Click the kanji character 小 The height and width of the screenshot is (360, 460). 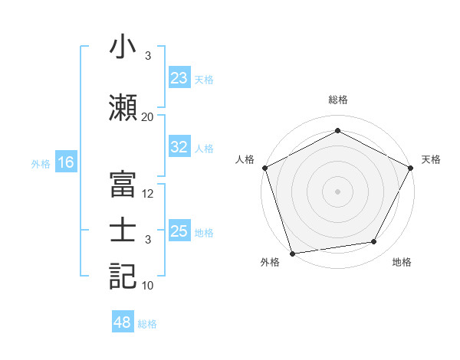(x=123, y=47)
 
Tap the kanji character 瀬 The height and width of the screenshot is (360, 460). (x=123, y=106)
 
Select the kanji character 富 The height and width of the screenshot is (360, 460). (x=123, y=184)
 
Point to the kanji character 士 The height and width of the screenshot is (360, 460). (x=123, y=231)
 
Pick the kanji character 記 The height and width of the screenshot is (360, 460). (x=123, y=276)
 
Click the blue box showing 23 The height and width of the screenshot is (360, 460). (x=179, y=78)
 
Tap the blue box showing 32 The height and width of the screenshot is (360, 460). (x=179, y=148)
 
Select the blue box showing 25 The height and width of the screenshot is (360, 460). (x=179, y=231)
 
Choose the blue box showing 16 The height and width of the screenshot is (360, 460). (x=65, y=162)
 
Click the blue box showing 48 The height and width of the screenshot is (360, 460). (x=123, y=322)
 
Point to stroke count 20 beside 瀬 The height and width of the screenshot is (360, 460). (x=148, y=117)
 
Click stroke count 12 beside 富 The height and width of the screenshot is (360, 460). (x=148, y=194)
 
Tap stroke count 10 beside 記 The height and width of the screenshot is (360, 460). (x=148, y=286)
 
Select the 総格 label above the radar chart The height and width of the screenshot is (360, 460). (x=337, y=100)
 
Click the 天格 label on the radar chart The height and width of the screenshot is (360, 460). (x=431, y=159)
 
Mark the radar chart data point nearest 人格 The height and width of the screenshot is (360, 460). (x=264, y=167)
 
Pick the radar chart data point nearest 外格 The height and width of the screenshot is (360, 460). (x=292, y=253)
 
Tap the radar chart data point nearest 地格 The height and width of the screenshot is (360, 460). (x=374, y=242)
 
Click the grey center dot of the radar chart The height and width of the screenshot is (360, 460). (x=337, y=191)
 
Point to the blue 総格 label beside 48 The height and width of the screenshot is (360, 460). (x=147, y=324)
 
